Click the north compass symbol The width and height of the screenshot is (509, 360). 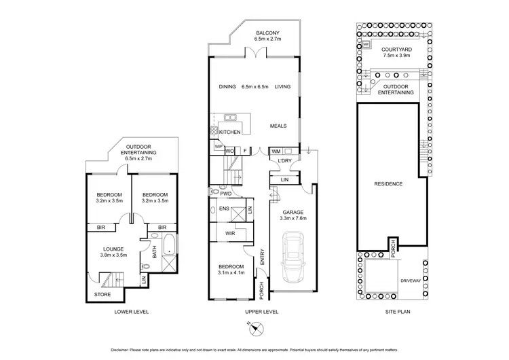click(x=254, y=329)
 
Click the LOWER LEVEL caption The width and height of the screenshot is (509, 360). click(x=131, y=312)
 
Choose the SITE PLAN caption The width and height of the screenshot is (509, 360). click(x=392, y=312)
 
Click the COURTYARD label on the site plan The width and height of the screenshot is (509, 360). click(x=394, y=50)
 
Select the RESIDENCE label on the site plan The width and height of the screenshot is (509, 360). click(x=389, y=184)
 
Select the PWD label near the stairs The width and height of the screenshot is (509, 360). click(x=235, y=194)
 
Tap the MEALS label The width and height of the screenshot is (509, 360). click(x=278, y=126)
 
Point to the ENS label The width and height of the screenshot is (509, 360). click(x=224, y=209)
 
